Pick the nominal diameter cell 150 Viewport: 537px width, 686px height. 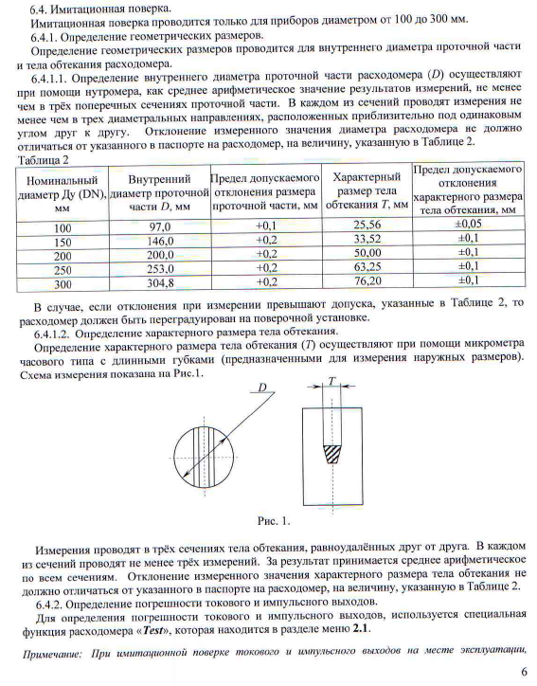pos(63,242)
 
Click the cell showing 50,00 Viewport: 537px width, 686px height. pos(366,255)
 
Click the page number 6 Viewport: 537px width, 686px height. pos(523,675)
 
